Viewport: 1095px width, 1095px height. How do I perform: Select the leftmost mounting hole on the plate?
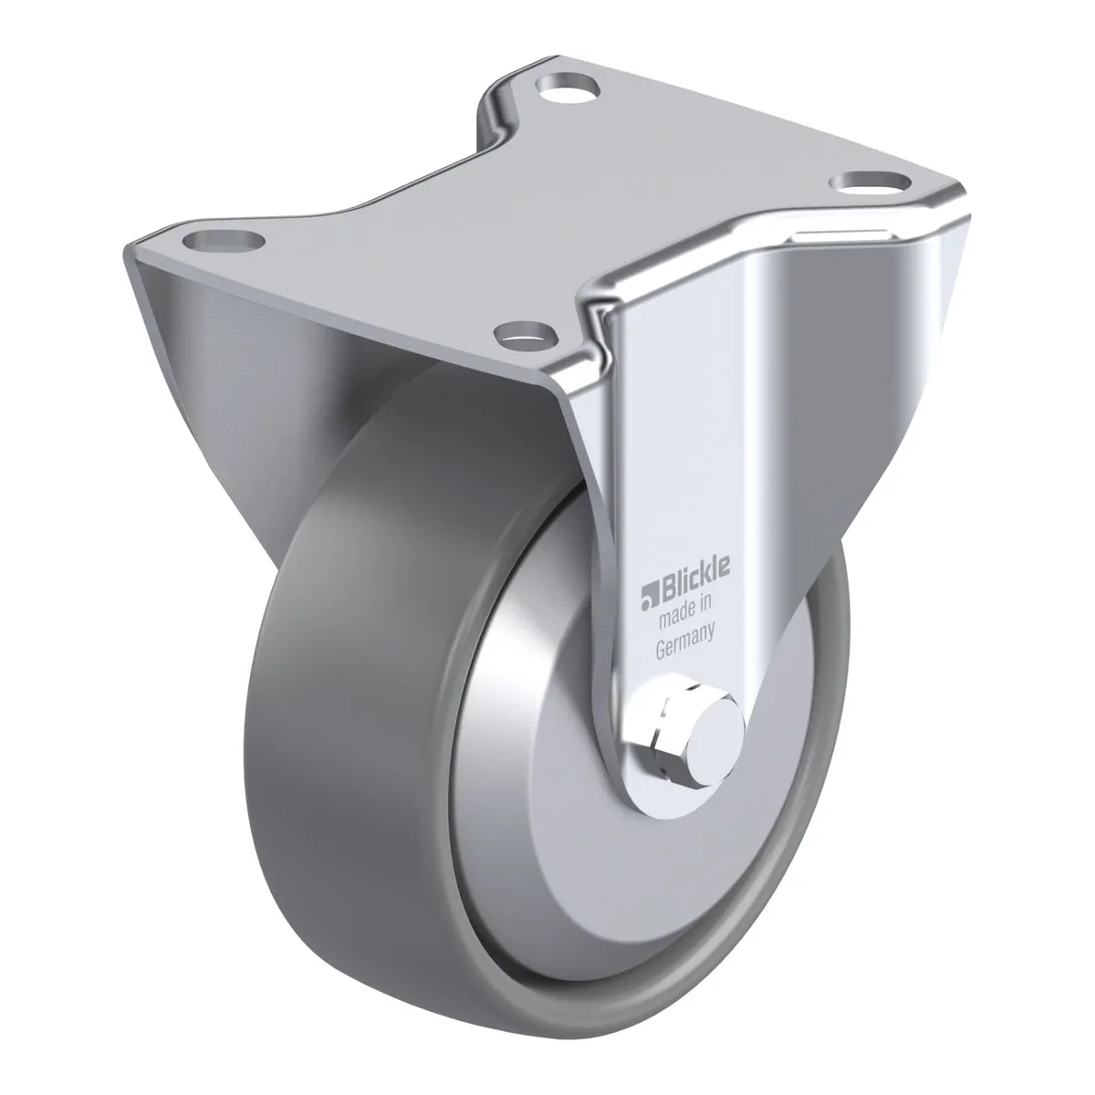[x=224, y=241]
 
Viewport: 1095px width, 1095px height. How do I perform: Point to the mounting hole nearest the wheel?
[x=527, y=334]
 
